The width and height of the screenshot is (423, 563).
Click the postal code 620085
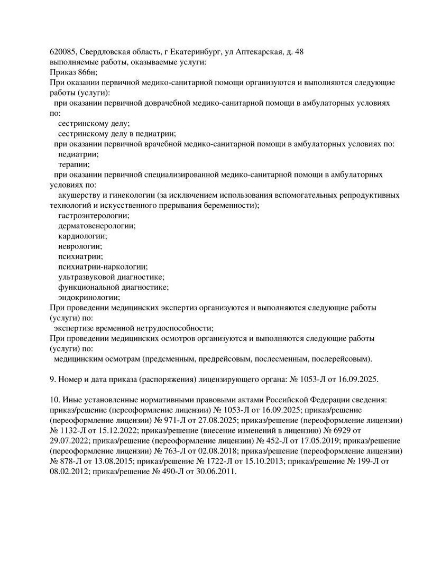pyautogui.click(x=62, y=52)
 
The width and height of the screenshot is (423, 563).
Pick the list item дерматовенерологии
pyautogui.click(x=97, y=226)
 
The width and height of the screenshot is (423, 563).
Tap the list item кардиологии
pyautogui.click(x=82, y=236)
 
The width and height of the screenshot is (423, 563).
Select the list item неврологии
pyautogui.click(x=80, y=246)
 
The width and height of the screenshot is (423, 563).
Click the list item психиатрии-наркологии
pyautogui.click(x=103, y=266)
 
